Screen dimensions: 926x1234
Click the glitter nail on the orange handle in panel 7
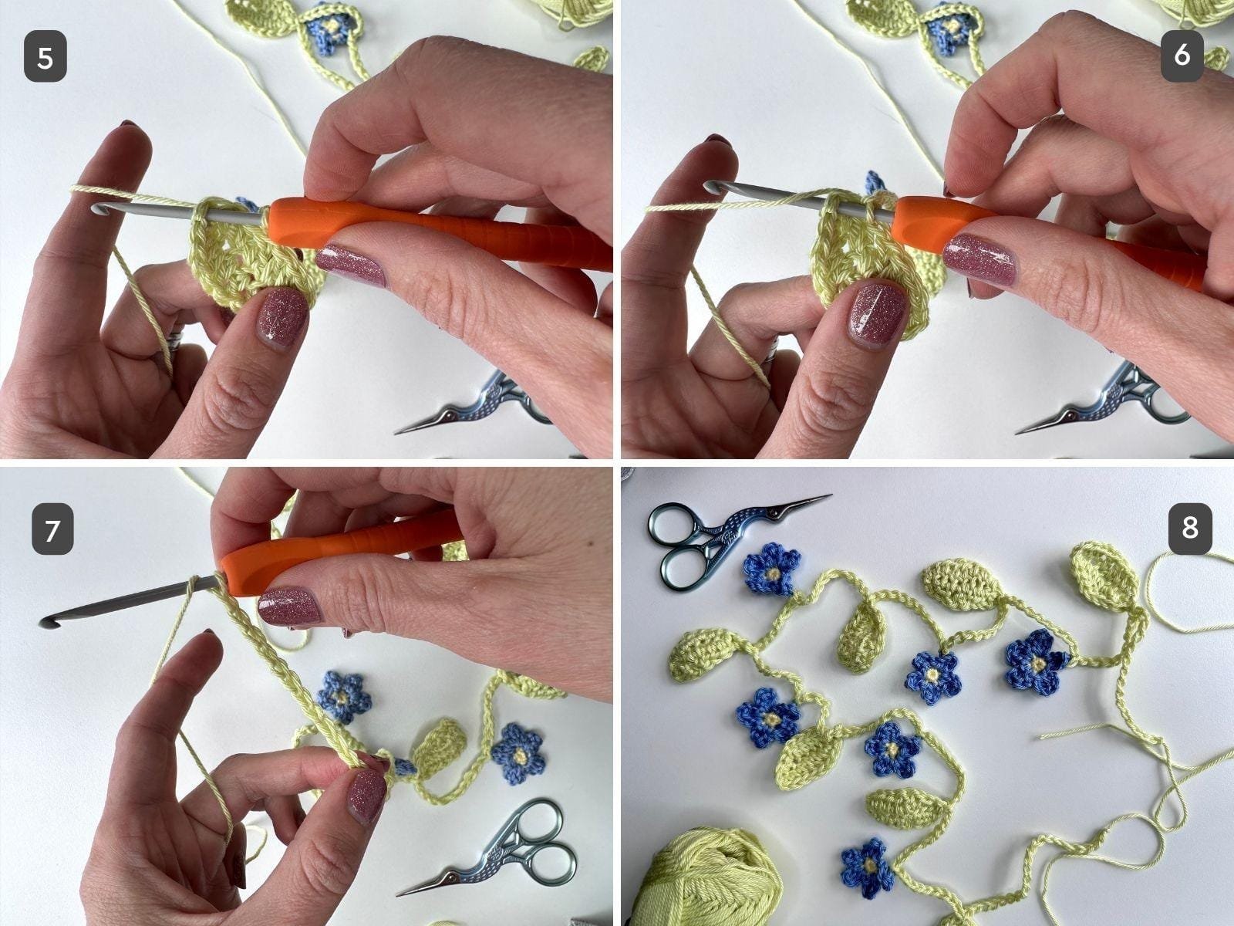[x=289, y=607]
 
